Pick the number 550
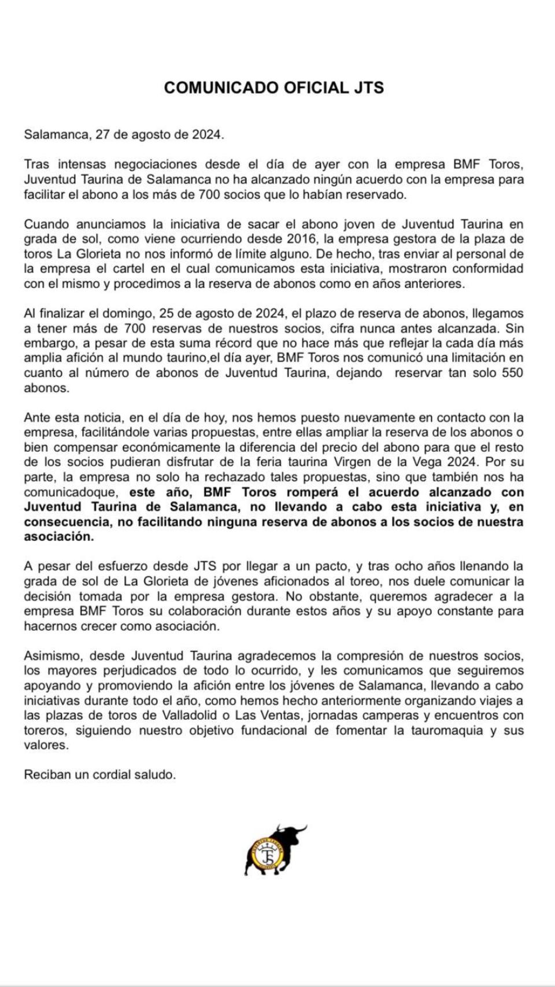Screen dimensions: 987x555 pos(512,373)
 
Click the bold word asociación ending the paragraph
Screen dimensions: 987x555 pos(58,537)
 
